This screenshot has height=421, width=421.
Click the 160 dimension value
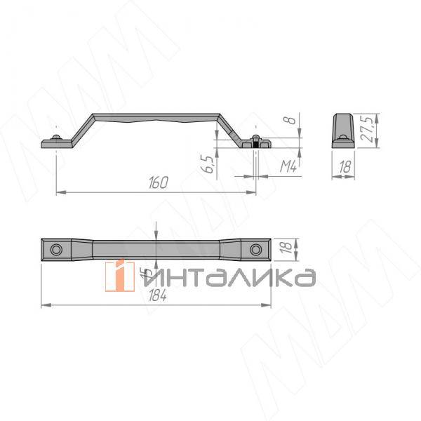(x=159, y=183)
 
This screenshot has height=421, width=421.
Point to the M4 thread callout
(x=287, y=167)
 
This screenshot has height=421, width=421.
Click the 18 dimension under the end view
(x=344, y=167)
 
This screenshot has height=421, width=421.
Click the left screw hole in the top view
(x=56, y=250)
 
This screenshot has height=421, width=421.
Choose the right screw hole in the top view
(x=255, y=250)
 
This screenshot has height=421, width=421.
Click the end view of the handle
(x=344, y=129)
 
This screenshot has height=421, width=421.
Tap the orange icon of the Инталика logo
(x=120, y=275)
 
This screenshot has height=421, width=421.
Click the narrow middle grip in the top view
(x=156, y=250)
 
